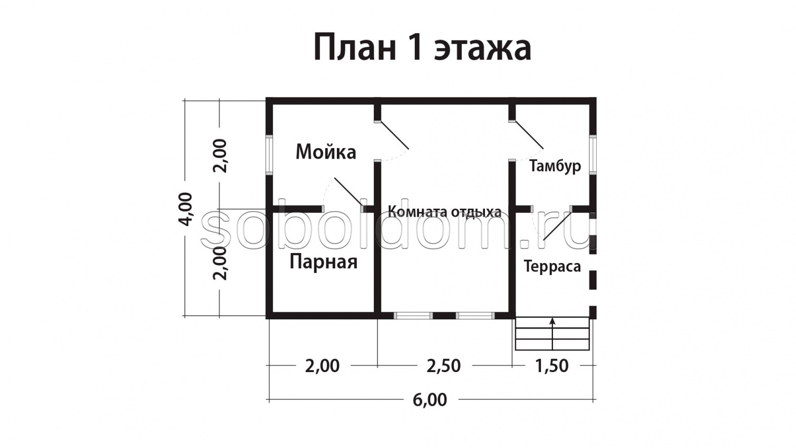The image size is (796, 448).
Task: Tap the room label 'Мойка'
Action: click(326, 152)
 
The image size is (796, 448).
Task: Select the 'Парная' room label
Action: click(323, 261)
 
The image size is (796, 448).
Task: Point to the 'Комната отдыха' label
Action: click(444, 212)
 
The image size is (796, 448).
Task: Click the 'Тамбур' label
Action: click(555, 166)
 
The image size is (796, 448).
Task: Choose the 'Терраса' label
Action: click(552, 266)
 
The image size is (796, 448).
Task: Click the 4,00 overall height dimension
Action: click(186, 209)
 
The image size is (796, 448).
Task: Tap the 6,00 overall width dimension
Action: click(430, 400)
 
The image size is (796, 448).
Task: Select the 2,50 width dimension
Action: click(443, 365)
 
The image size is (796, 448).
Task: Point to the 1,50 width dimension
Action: click(552, 365)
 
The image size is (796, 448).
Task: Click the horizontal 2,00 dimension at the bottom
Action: click(322, 365)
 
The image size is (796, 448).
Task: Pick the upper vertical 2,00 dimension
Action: click(220, 155)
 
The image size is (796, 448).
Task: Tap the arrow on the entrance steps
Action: click(552, 322)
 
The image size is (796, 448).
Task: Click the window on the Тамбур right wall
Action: click(593, 154)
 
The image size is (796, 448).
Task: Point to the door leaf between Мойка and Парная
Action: click(347, 192)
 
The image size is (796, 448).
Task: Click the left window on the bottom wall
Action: click(413, 316)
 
